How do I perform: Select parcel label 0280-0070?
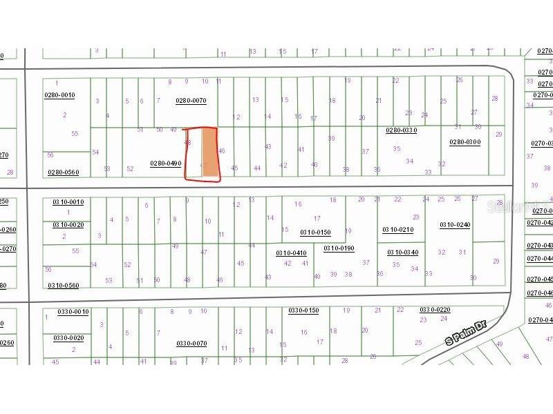pos(191,101)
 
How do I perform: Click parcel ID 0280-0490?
pos(165,164)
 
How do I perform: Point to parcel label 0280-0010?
pos(60,95)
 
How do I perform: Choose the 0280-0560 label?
pos(63,172)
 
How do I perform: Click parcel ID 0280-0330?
pos(401,130)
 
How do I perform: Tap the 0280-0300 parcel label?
pos(465,142)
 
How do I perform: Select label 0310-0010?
pos(68,202)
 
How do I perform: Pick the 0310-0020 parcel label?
pos(68,225)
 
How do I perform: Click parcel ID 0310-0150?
pos(315,233)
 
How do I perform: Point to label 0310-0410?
pos(291,253)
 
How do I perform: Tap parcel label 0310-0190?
pos(339,248)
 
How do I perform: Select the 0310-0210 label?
pos(397,230)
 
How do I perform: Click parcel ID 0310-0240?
pos(455,225)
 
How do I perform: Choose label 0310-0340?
pos(402,253)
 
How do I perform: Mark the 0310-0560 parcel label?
pos(64,286)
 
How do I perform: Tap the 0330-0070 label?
pos(191,344)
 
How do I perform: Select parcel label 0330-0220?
pos(435,310)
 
